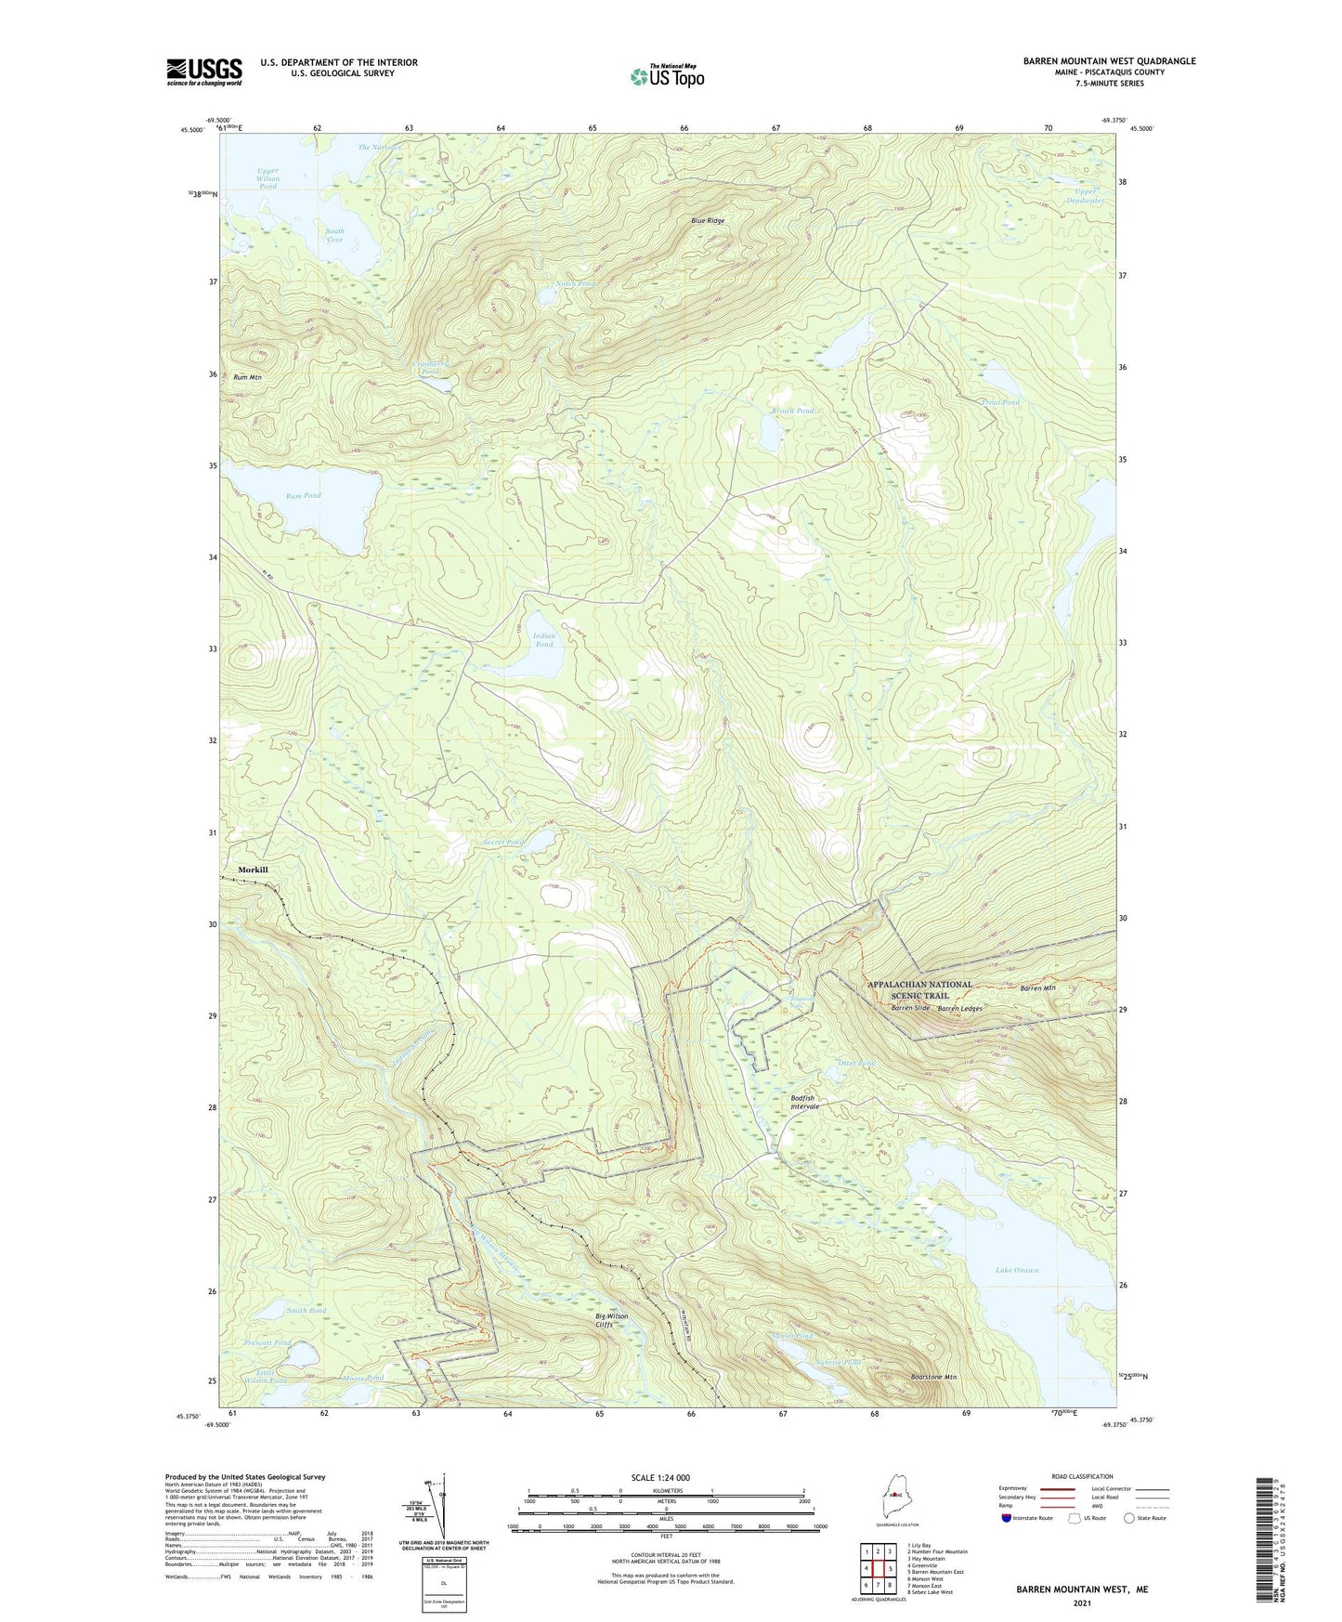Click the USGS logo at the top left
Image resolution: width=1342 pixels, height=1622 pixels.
tap(203, 72)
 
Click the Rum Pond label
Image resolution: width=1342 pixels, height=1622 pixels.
tap(304, 495)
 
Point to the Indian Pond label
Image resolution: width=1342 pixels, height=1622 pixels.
tap(544, 640)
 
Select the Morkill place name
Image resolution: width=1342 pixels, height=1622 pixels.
tap(253, 870)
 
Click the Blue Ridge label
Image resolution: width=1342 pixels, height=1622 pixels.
tap(707, 221)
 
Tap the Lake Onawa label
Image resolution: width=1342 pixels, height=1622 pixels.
tap(1017, 1270)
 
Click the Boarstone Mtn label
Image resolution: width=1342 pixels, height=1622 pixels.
tap(933, 1377)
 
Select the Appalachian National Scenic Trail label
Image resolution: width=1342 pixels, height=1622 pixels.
tap(919, 989)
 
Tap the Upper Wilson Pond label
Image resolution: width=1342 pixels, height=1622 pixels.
tap(267, 178)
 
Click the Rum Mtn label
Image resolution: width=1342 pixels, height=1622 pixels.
tap(247, 377)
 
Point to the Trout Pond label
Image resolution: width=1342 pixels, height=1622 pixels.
tap(1000, 402)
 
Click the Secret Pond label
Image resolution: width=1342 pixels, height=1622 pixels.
tap(502, 842)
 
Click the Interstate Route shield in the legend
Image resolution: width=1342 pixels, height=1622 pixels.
tap(1008, 1518)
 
